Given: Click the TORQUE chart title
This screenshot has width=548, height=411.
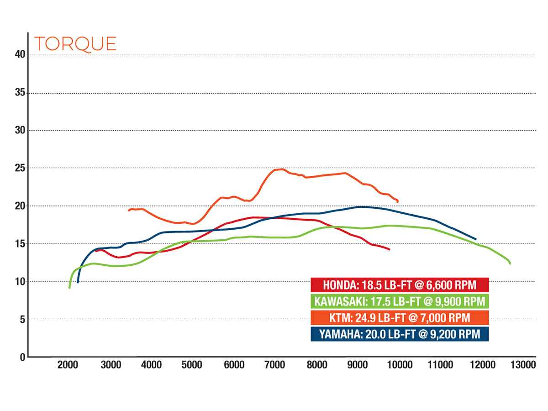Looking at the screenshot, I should [x=75, y=43].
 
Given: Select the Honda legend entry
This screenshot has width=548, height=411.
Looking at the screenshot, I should [x=400, y=285].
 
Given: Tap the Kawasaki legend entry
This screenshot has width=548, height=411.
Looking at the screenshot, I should [x=400, y=301].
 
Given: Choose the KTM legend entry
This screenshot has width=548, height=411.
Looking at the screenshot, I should [x=400, y=318].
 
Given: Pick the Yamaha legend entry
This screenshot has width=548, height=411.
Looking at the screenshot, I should [x=400, y=334].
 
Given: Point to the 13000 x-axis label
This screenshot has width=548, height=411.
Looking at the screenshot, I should [x=523, y=365].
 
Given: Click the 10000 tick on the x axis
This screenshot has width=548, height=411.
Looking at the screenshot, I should [x=400, y=365].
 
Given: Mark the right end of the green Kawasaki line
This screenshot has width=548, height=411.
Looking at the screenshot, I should [x=510, y=263].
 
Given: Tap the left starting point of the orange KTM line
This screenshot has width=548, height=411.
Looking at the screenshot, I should [x=129, y=211].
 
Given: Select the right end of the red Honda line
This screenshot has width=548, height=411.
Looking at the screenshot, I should [x=390, y=249].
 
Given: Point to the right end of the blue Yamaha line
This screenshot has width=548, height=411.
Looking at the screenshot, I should [x=476, y=239].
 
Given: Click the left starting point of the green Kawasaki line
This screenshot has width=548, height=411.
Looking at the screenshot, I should [x=69, y=288].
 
